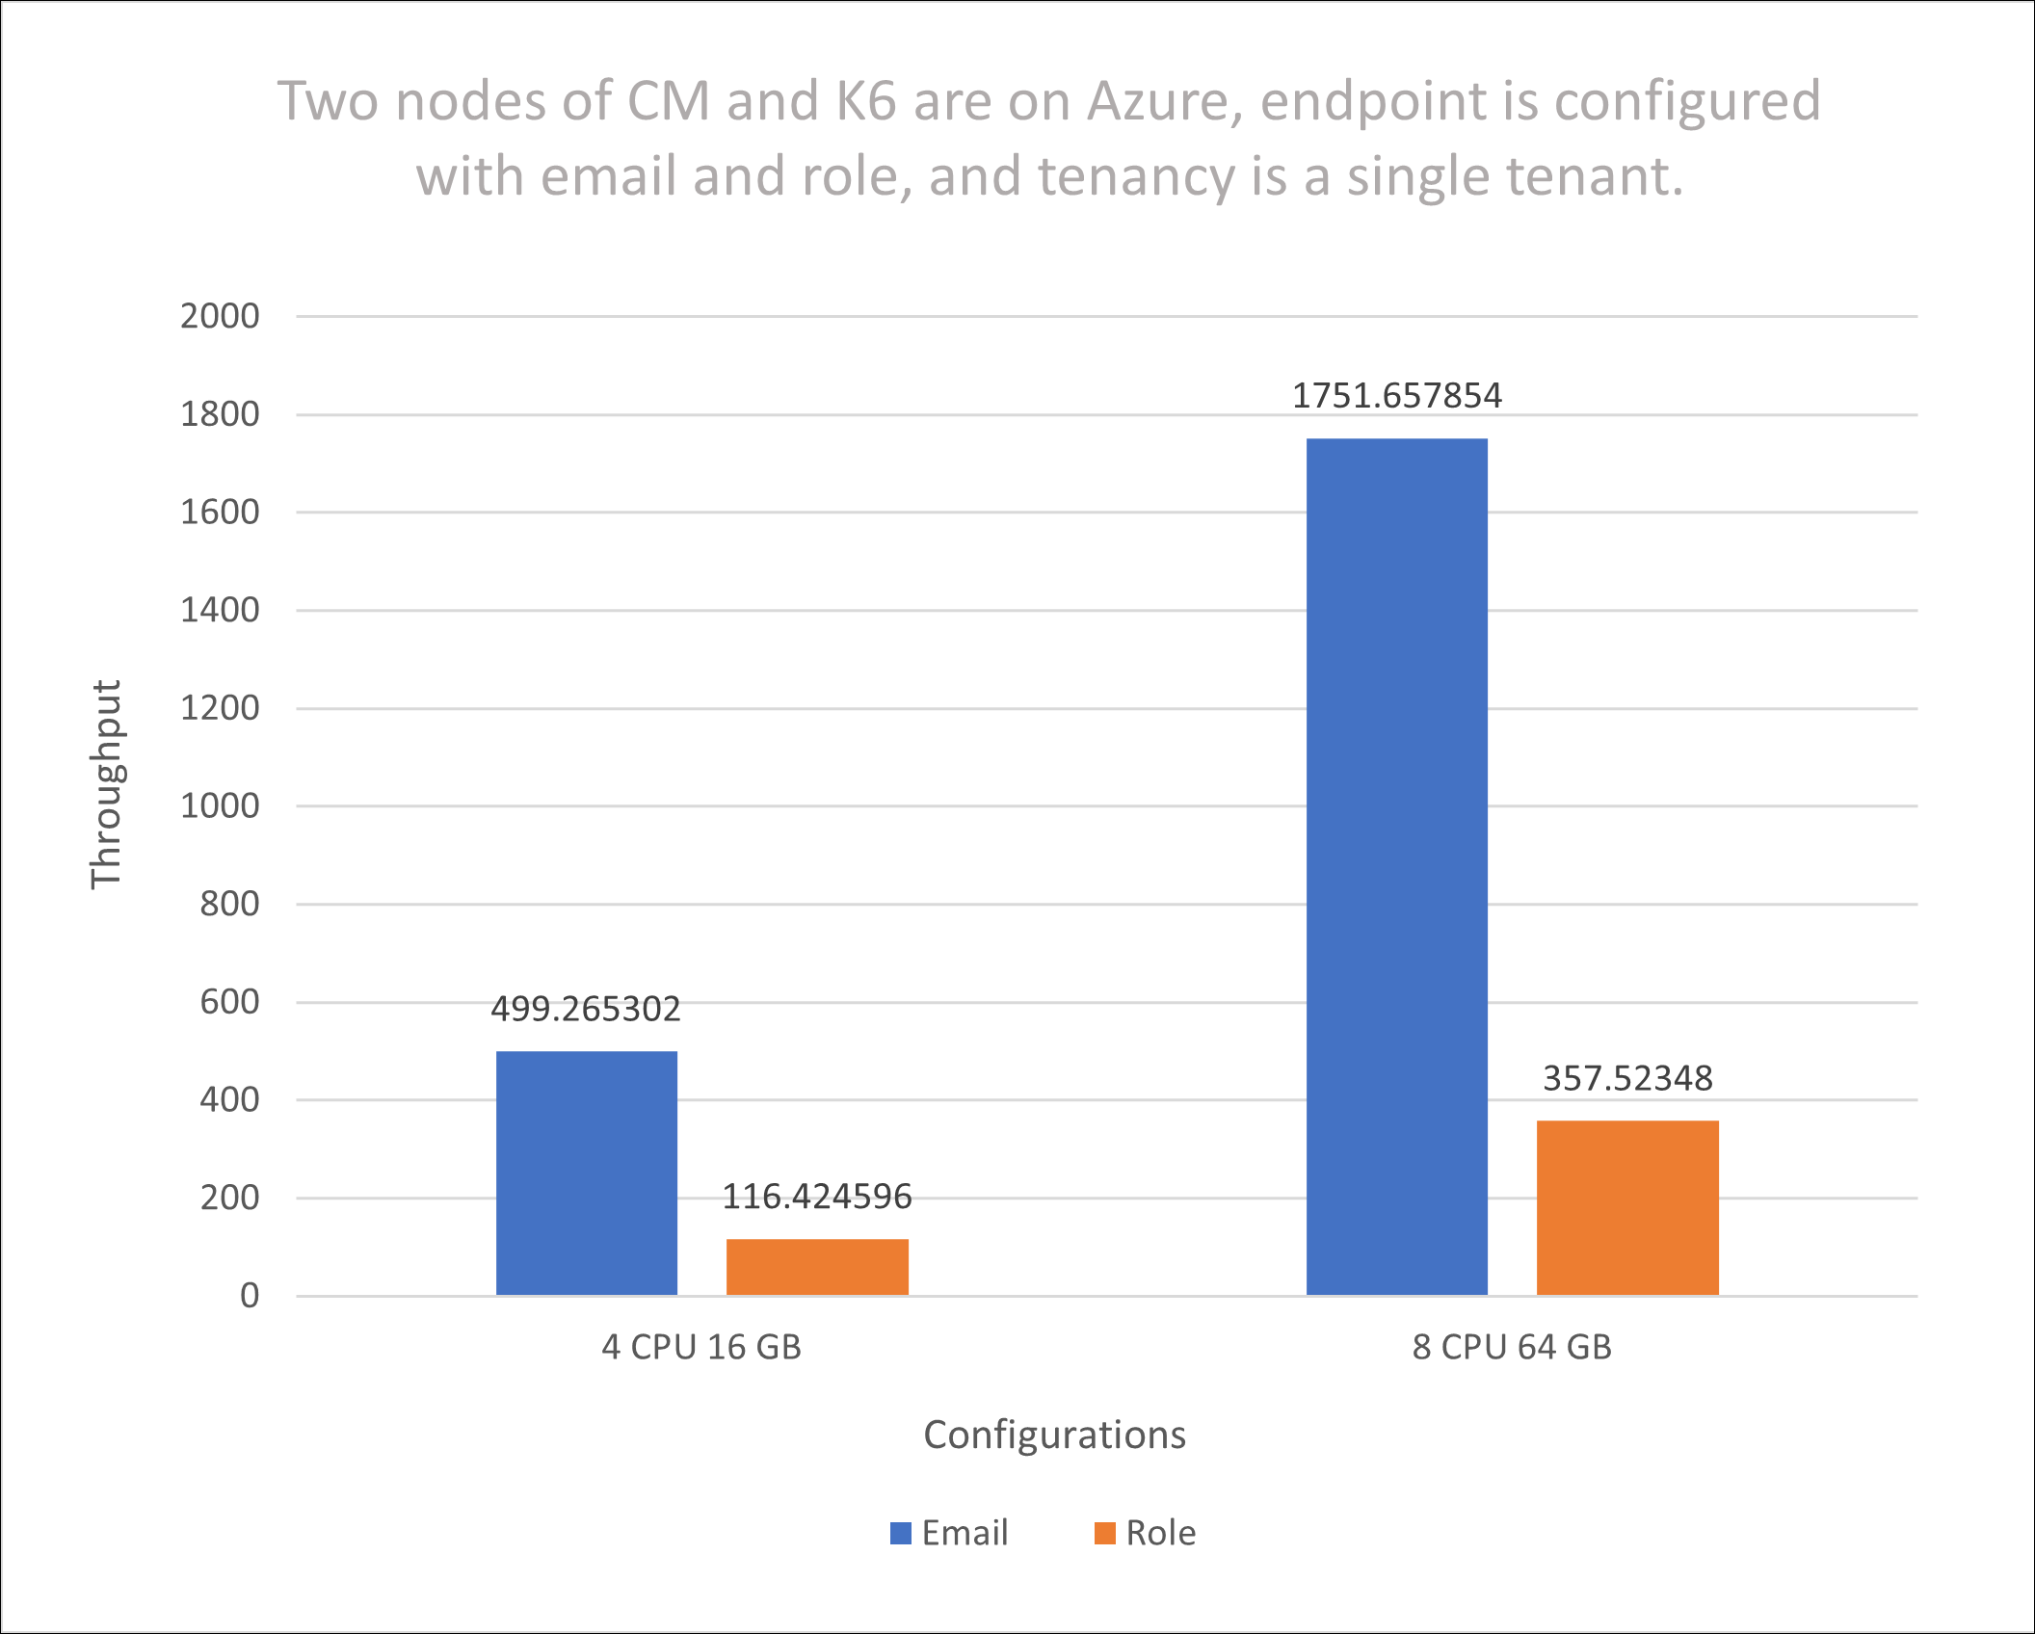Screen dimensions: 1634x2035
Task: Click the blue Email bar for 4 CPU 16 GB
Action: (x=586, y=1173)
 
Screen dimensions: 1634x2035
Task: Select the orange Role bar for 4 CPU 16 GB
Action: (x=817, y=1266)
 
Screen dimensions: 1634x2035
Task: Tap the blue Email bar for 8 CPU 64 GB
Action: (x=1396, y=866)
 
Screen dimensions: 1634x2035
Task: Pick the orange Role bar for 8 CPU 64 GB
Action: (x=1627, y=1207)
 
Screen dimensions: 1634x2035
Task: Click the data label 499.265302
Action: (x=586, y=1009)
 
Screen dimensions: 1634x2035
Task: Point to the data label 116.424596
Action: (x=817, y=1197)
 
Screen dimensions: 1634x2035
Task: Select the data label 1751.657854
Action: (x=1396, y=396)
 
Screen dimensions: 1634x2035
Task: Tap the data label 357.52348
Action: (x=1627, y=1078)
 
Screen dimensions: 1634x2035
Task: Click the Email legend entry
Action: (x=950, y=1533)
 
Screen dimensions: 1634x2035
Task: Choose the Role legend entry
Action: (x=1147, y=1533)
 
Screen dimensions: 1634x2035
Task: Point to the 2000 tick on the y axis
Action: (x=220, y=316)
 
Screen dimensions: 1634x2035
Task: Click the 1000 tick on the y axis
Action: (x=220, y=805)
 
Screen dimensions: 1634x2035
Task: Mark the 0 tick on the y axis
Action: (x=250, y=1296)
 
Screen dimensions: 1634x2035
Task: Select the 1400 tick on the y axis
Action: (x=220, y=610)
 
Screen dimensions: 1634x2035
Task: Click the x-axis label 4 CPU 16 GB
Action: (x=701, y=1347)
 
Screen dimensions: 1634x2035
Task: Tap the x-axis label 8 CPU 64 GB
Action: (x=1512, y=1347)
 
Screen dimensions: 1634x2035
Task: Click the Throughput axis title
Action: (x=106, y=784)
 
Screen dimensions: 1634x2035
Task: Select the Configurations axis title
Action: (x=1054, y=1435)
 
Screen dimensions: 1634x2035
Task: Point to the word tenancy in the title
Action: (x=1136, y=176)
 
